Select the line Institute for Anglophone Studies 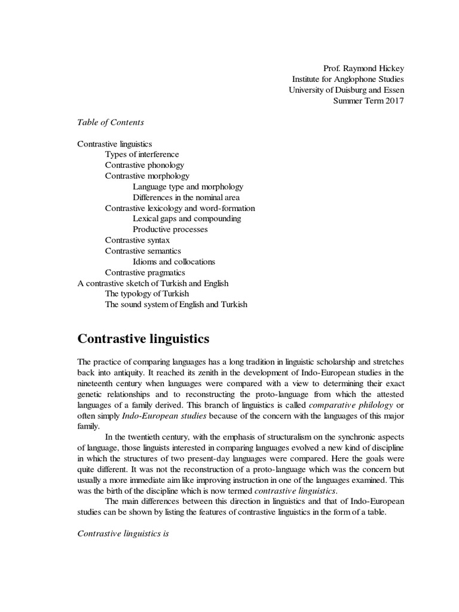(348, 79)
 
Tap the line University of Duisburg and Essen (346, 90)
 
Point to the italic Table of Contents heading (111, 122)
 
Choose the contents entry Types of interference (142, 154)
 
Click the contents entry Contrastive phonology (145, 165)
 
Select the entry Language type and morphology (188, 186)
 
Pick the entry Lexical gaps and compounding (187, 219)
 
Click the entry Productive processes (170, 229)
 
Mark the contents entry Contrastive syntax (137, 240)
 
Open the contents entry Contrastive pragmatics (145, 273)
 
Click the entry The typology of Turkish (147, 293)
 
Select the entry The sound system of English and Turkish (176, 304)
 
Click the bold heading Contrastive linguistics (143, 339)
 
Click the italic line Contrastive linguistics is (124, 533)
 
